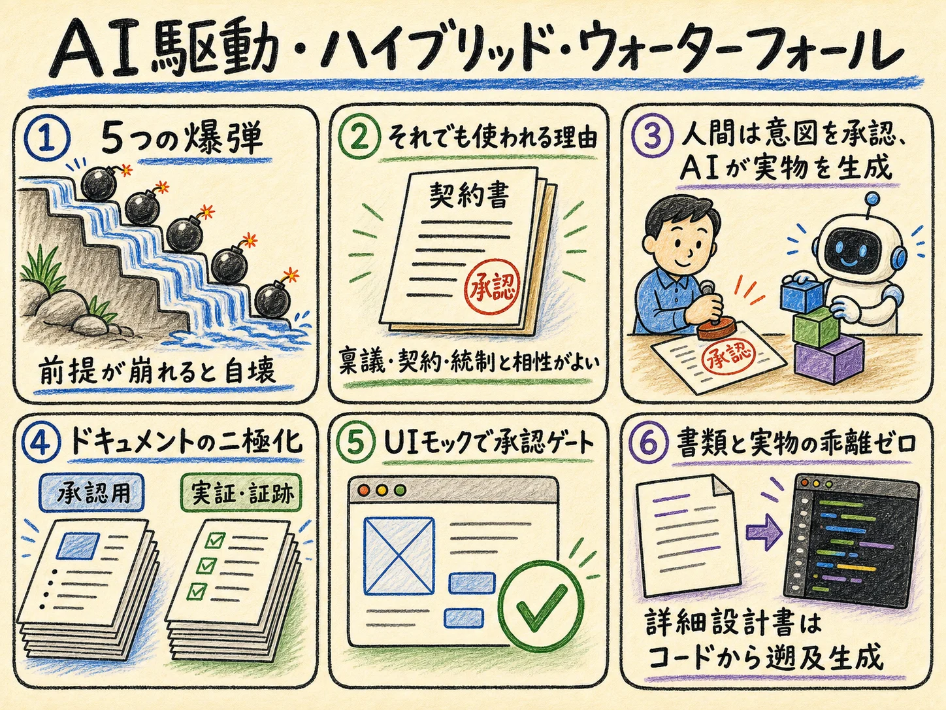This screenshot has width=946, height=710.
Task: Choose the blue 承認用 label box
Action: (91, 493)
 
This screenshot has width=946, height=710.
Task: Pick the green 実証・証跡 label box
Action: (241, 493)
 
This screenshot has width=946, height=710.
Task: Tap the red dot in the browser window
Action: (365, 490)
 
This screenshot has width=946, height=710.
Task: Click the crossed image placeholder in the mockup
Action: (399, 555)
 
